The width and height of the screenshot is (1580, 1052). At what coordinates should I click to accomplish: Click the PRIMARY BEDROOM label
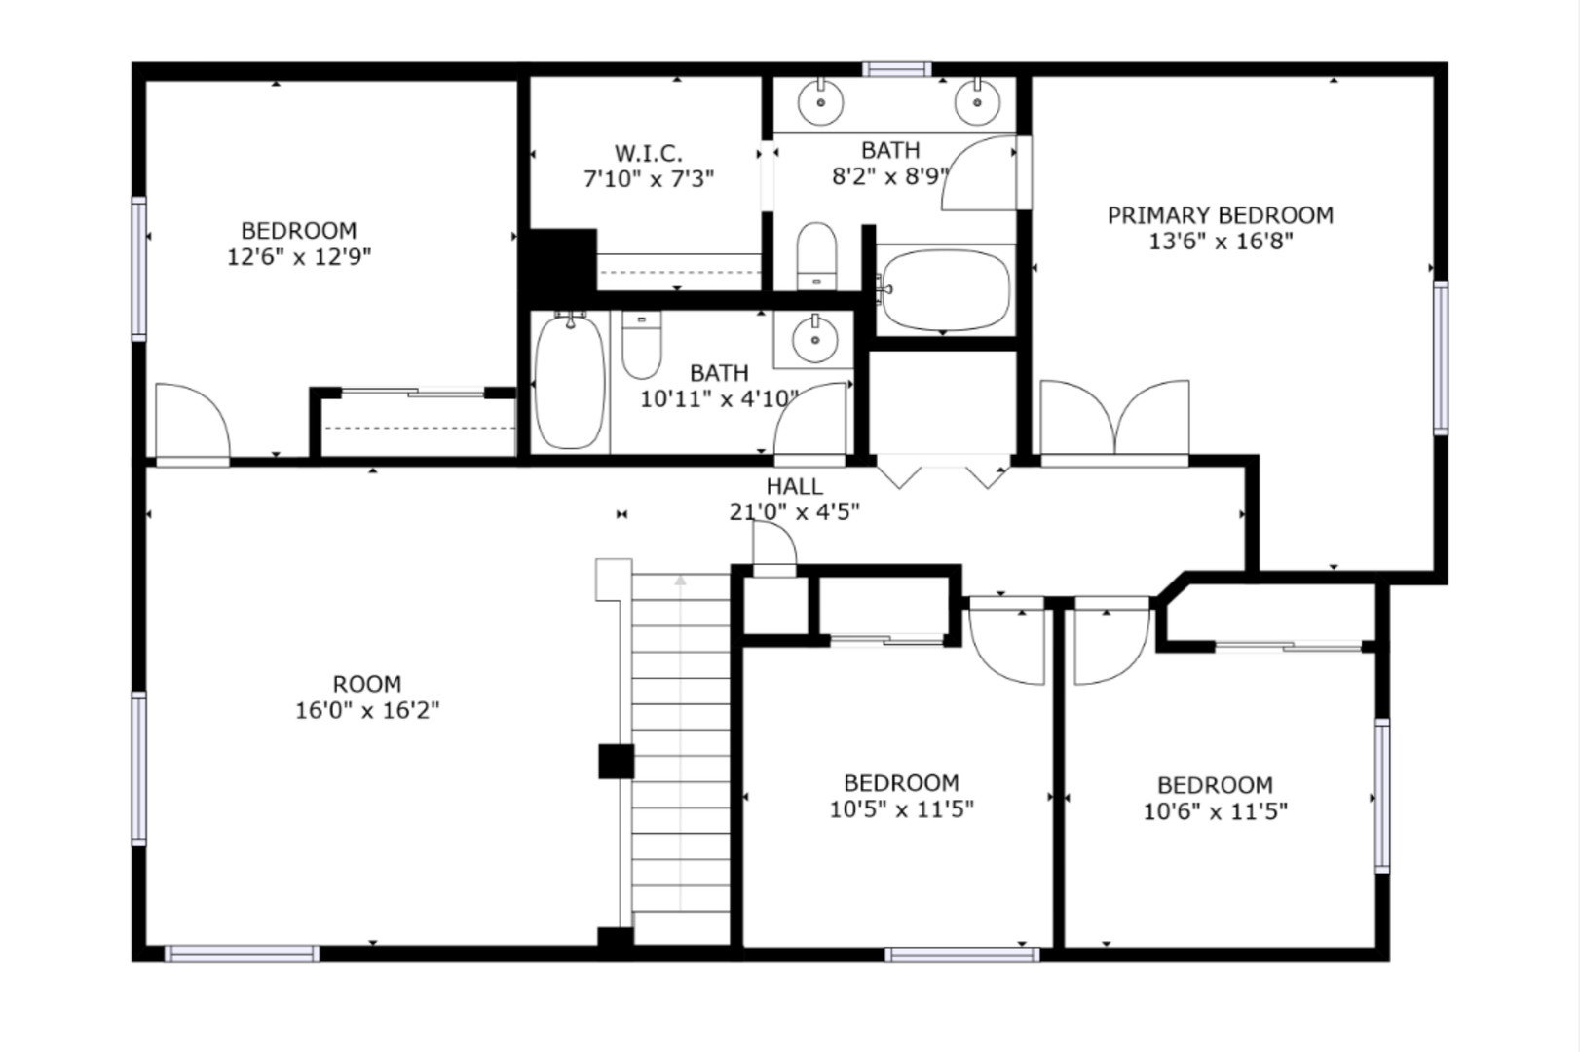[x=1221, y=215]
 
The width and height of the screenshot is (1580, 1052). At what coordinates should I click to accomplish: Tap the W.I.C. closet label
[x=648, y=153]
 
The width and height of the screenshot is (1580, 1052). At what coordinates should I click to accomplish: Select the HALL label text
[x=794, y=486]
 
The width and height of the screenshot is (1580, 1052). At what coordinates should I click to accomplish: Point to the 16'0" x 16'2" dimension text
[x=367, y=710]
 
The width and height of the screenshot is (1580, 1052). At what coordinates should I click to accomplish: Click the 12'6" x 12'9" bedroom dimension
[x=299, y=257]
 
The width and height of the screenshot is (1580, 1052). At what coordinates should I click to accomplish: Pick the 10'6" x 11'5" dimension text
[x=1216, y=811]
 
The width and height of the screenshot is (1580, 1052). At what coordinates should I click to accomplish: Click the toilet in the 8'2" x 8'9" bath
[x=817, y=256]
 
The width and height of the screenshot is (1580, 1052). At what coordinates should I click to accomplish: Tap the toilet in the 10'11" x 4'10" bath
[x=642, y=345]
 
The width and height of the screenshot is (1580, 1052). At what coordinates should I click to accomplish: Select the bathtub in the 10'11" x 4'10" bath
[x=570, y=381]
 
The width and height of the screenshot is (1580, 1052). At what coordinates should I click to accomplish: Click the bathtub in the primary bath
[x=946, y=289]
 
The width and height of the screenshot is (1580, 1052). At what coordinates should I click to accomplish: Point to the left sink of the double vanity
[x=821, y=101]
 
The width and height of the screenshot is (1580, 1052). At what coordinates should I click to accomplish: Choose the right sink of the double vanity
[x=978, y=101]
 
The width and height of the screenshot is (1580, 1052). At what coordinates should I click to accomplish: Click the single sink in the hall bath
[x=815, y=339]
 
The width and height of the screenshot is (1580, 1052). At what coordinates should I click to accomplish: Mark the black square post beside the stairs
[x=616, y=762]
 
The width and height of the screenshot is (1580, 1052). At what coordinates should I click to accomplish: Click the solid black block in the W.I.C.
[x=562, y=260]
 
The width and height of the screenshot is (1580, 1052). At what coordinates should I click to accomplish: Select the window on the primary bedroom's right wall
[x=1441, y=357]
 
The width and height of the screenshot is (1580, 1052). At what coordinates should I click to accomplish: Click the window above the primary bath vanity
[x=896, y=69]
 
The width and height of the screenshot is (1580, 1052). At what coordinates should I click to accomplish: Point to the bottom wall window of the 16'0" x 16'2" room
[x=242, y=954]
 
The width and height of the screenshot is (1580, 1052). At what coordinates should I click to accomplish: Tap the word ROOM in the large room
[x=367, y=684]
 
